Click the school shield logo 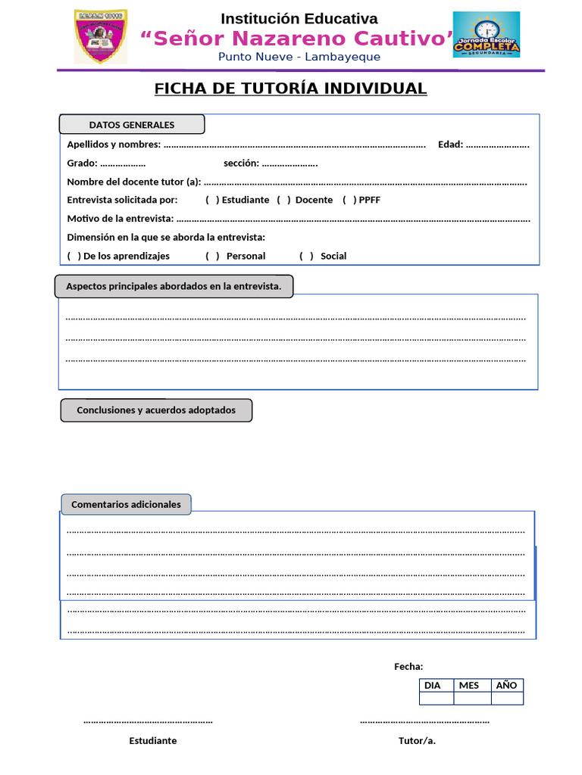[x=100, y=37]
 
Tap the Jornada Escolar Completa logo [x=486, y=35]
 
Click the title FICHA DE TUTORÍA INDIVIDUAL [x=290, y=89]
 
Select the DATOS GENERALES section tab [x=132, y=125]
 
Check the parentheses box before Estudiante [x=212, y=200]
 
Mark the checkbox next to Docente [x=283, y=200]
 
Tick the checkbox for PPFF [x=349, y=200]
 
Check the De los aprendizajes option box [x=74, y=256]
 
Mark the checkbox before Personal [x=212, y=256]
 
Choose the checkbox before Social [x=306, y=256]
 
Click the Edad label [x=450, y=144]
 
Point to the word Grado [x=82, y=163]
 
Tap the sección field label [x=241, y=163]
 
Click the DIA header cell [x=432, y=685]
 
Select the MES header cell [x=469, y=685]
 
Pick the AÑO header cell [x=506, y=685]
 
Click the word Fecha [x=408, y=666]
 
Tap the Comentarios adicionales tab [x=126, y=504]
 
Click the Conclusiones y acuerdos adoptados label [x=156, y=410]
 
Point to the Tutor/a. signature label [x=417, y=740]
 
